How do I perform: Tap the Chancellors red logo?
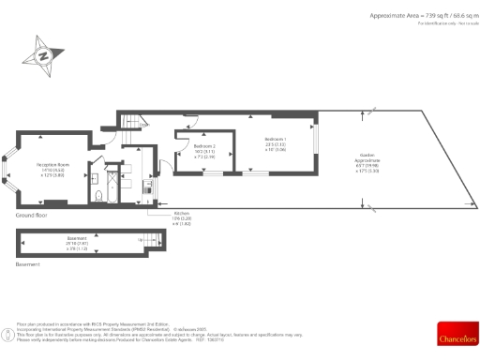457,332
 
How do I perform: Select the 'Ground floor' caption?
31,215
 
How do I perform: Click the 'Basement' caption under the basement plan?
28,265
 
